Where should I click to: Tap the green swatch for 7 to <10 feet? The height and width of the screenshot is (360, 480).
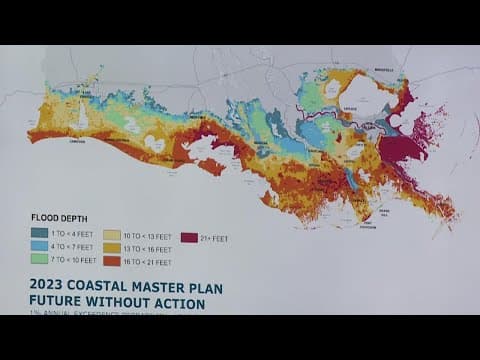pos(38,259)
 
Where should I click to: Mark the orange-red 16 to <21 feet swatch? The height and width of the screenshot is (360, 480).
pos(110,259)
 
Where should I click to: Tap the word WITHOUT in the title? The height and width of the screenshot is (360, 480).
pos(126,302)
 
